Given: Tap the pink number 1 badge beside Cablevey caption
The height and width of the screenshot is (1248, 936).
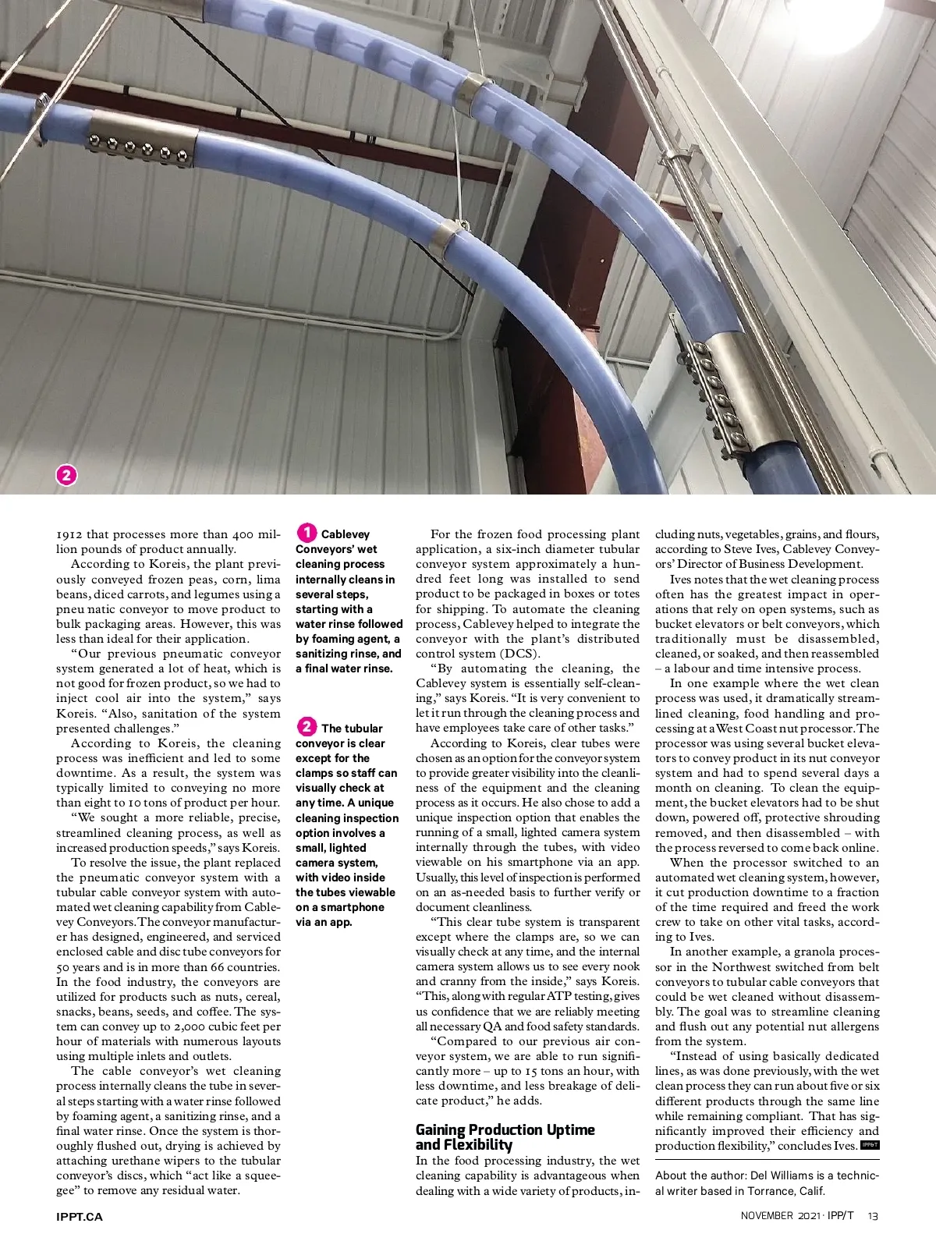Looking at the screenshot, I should pyautogui.click(x=307, y=534).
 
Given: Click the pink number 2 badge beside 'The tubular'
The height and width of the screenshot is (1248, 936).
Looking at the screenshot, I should pyautogui.click(x=307, y=727).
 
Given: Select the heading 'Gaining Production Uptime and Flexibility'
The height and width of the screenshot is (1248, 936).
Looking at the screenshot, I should pyautogui.click(x=505, y=1136).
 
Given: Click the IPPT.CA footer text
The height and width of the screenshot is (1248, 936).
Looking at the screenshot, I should pyautogui.click(x=80, y=1216).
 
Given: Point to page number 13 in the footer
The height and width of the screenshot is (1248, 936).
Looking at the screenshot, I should pyautogui.click(x=873, y=1216).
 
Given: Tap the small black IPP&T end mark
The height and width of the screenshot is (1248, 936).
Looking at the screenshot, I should pyautogui.click(x=870, y=1145).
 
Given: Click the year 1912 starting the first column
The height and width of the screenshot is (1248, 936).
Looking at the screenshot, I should pyautogui.click(x=69, y=534).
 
